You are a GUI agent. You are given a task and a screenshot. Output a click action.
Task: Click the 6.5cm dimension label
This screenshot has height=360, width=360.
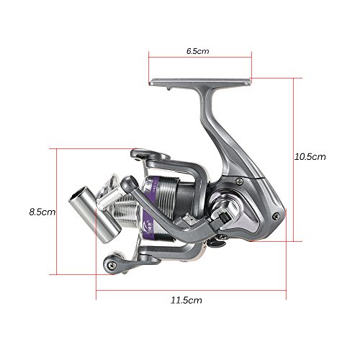click(x=198, y=51)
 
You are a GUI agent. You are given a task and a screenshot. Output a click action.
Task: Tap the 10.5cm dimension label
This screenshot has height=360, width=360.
click(x=310, y=157)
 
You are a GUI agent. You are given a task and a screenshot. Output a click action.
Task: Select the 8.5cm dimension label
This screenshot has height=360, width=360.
click(x=42, y=212)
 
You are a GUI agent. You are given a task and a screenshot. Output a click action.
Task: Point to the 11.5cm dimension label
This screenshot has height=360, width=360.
click(x=186, y=300)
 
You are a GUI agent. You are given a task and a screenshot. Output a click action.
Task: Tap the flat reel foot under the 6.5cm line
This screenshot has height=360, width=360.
click(x=200, y=82)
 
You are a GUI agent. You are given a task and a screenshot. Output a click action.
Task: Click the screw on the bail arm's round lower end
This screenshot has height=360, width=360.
click(x=112, y=265)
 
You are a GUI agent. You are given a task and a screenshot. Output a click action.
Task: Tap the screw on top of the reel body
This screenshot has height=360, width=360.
click(x=239, y=181)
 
